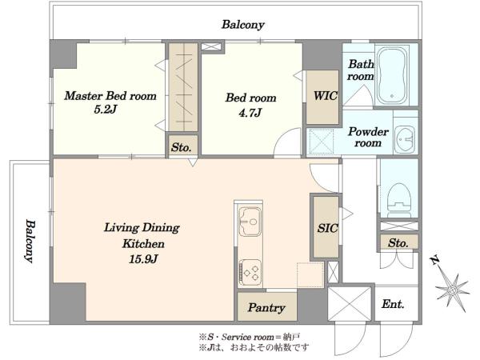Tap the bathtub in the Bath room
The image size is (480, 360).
coord(392,76)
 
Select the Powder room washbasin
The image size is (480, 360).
coord(405,140)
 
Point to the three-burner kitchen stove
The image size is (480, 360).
coord(250,273)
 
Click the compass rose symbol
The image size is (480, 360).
coord(453,290)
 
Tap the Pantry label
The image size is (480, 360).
coord(266,308)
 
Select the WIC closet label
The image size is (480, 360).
coord(325,96)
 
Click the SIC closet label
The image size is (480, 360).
coord(327,228)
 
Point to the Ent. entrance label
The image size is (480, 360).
coord(393,304)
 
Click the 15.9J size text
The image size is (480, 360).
coord(143,259)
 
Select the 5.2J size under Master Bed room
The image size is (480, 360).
coord(106,110)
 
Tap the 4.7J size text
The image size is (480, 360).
coord(250,113)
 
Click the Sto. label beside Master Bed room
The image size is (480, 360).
coord(182,147)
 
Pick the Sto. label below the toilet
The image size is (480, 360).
coord(398,243)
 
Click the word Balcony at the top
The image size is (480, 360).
coord(242,25)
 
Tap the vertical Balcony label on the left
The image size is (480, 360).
coord(30,241)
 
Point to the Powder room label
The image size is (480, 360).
coord(368,138)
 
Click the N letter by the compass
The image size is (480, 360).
coord(434,261)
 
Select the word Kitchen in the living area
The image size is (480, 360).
coord(143,244)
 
